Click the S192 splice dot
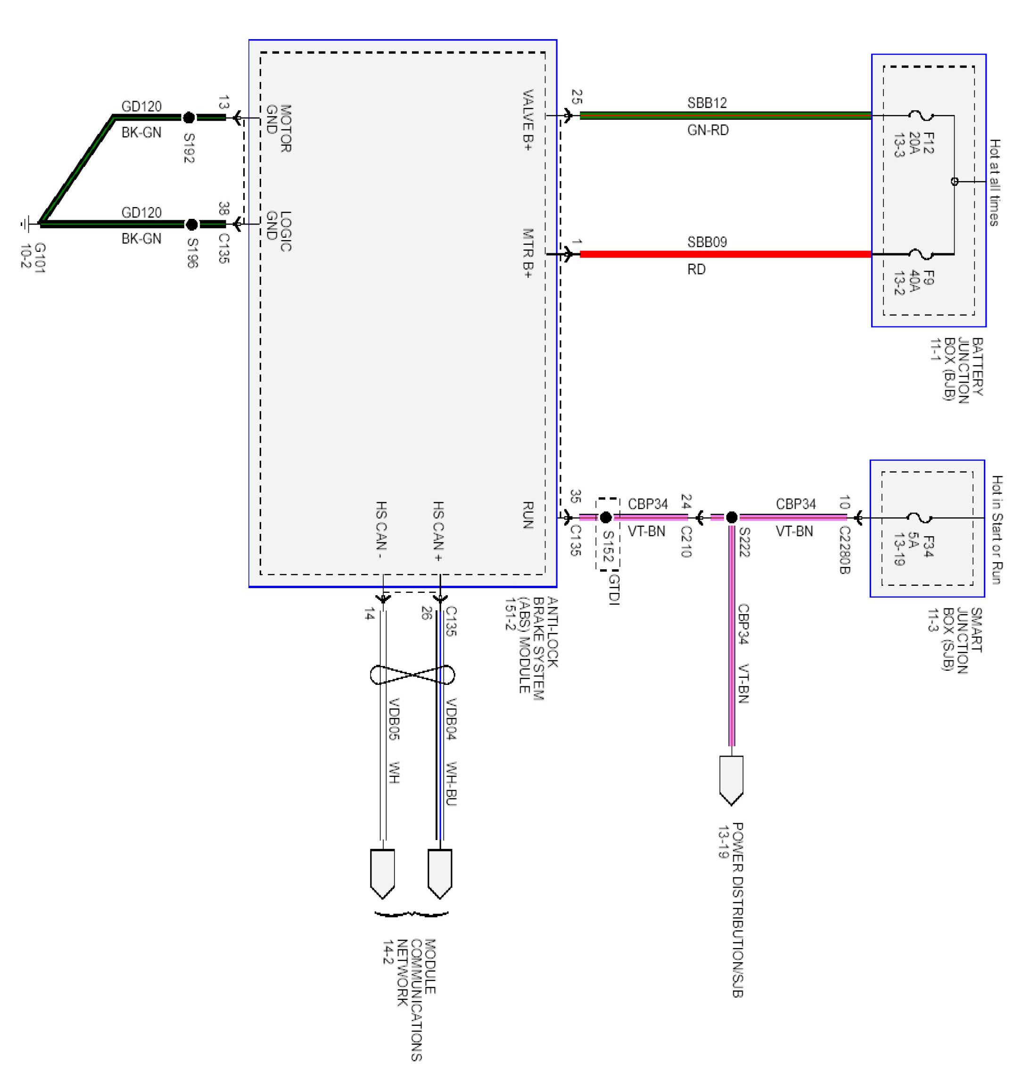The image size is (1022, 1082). (x=189, y=117)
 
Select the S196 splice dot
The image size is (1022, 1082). (x=192, y=224)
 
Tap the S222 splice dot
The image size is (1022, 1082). (x=732, y=517)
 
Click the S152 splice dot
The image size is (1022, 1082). (x=605, y=517)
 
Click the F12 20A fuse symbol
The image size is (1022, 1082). (x=921, y=116)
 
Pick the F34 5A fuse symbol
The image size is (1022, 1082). (x=920, y=518)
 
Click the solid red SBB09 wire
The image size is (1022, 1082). (x=725, y=254)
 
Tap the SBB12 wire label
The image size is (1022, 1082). (x=707, y=102)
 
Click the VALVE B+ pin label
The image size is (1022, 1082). (x=527, y=120)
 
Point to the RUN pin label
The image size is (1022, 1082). (x=527, y=515)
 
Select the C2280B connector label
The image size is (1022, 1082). (x=844, y=550)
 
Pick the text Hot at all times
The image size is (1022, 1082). (x=994, y=183)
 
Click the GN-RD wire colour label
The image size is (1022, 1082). (x=708, y=130)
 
